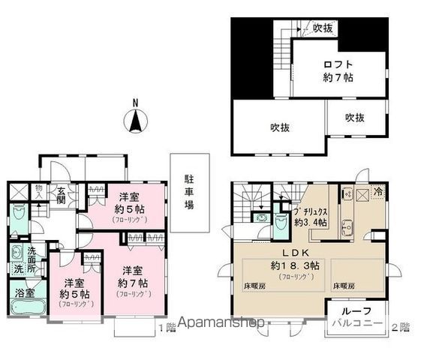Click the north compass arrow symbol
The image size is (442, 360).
pyautogui.click(x=135, y=119)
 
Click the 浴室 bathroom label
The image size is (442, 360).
pyautogui.click(x=24, y=293)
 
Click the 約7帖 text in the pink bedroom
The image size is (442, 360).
pyautogui.click(x=133, y=283)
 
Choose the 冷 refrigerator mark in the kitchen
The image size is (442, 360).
pyautogui.click(x=379, y=191)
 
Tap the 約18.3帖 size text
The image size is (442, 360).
pyautogui.click(x=294, y=265)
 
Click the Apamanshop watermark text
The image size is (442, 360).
pyautogui.click(x=218, y=325)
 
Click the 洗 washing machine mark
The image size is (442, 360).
pyautogui.click(x=17, y=268)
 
